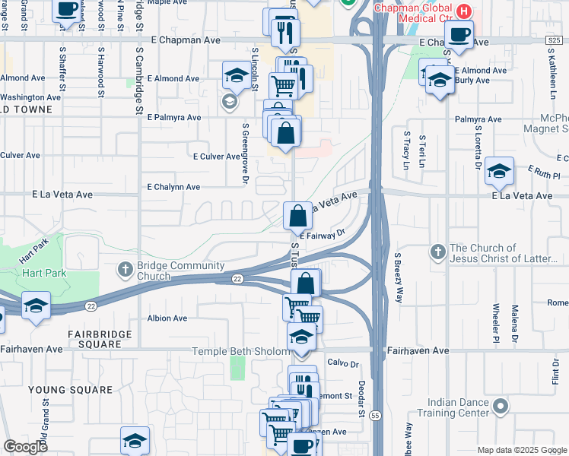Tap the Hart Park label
pyautogui.click(x=44, y=273)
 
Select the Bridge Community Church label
pyautogui.click(x=182, y=271)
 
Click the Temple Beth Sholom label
pyautogui.click(x=240, y=351)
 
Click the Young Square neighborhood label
pyautogui.click(x=70, y=390)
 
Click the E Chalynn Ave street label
pyautogui.click(x=173, y=187)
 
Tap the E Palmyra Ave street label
pyautogui.click(x=174, y=118)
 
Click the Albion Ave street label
pyautogui.click(x=167, y=318)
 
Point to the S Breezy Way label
pyautogui.click(x=397, y=277)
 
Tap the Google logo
pyautogui.click(x=25, y=447)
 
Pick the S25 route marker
pyautogui.click(x=557, y=40)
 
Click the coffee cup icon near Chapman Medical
pyautogui.click(x=459, y=34)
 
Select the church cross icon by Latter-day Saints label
pyautogui.click(x=437, y=252)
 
